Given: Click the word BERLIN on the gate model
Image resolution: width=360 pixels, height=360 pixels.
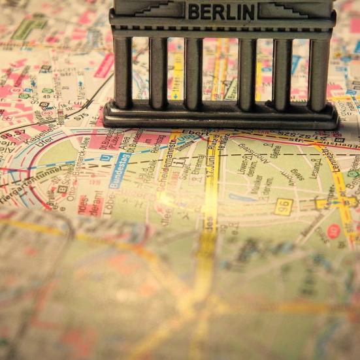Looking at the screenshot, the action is (x=221, y=11).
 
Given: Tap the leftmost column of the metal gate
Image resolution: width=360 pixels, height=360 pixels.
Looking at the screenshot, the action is (x=122, y=72).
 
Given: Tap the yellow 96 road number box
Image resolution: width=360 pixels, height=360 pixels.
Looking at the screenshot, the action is (x=284, y=206).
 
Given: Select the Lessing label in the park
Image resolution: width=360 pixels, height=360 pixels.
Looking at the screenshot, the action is (x=318, y=170).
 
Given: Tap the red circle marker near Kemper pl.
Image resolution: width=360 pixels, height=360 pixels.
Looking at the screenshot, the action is (x=334, y=231).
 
